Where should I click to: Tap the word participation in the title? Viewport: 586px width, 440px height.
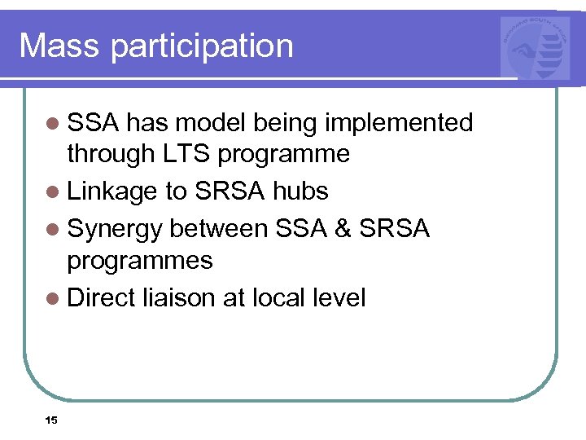pyautogui.click(x=202, y=46)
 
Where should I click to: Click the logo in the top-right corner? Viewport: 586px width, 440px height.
pyautogui.click(x=536, y=48)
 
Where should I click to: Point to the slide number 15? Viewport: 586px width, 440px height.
pyautogui.click(x=51, y=420)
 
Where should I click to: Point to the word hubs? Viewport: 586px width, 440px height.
pyautogui.click(x=300, y=191)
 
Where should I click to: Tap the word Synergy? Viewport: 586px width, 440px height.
pyautogui.click(x=116, y=230)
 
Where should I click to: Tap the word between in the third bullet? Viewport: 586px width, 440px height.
pyautogui.click(x=220, y=229)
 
